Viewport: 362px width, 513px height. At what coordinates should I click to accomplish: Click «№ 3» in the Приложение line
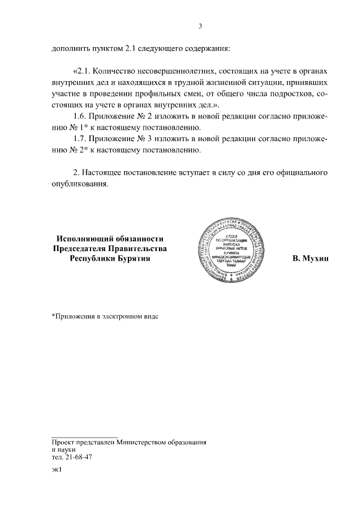(144, 138)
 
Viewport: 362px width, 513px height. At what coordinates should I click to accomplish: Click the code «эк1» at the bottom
(55, 469)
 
